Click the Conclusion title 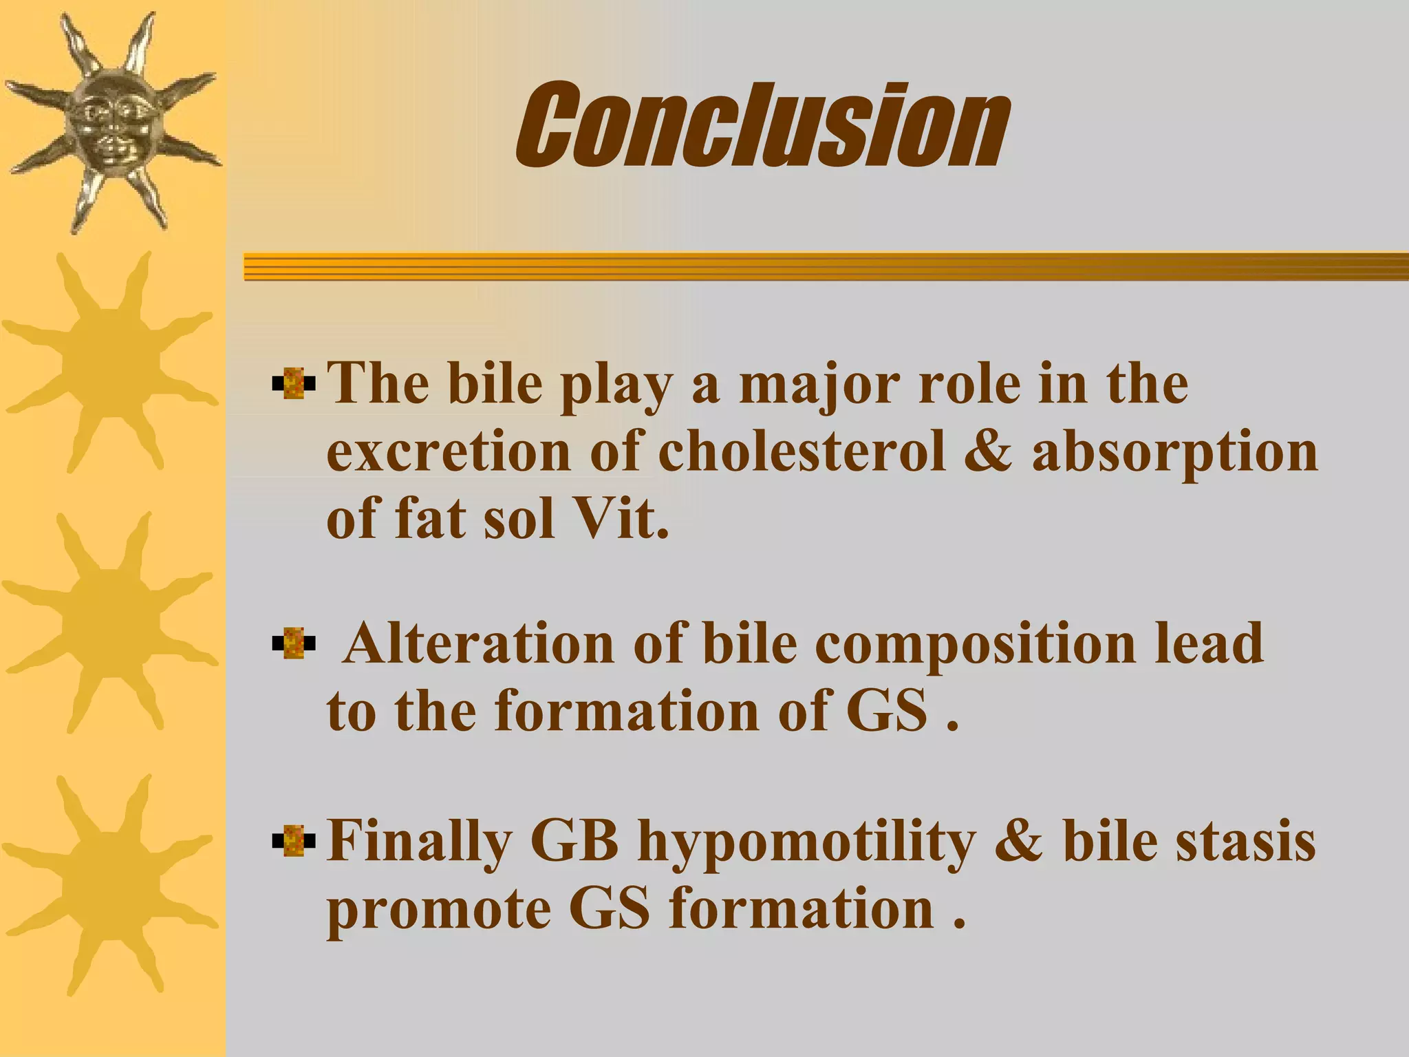[x=762, y=125]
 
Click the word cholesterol [x=801, y=452]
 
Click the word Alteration [x=478, y=643]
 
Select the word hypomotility [x=806, y=844]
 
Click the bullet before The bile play [x=294, y=383]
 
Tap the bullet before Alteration [x=294, y=643]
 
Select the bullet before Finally [x=294, y=840]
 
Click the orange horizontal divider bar [x=826, y=266]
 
